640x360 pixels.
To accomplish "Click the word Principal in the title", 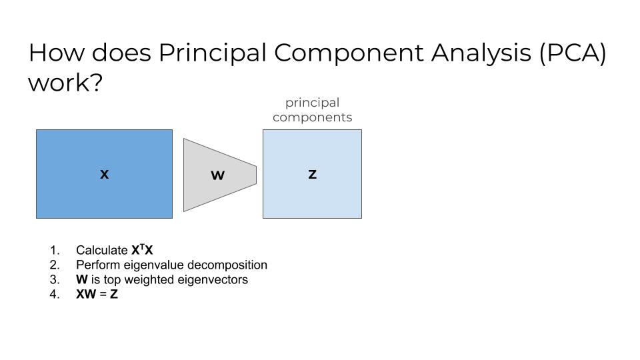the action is tap(212, 54).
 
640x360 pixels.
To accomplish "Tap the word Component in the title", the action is tap(349, 54).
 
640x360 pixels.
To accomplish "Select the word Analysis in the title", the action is tap(481, 54).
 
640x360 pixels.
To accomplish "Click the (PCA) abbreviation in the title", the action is tap(573, 53).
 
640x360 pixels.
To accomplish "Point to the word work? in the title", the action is tap(65, 83).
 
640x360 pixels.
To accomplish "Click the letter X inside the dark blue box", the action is tap(105, 174).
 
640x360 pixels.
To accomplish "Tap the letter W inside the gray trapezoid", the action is tap(217, 175).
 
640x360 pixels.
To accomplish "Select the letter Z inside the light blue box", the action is tap(312, 174).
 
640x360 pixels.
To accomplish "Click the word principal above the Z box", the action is tap(312, 103).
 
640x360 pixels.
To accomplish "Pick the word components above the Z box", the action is tap(312, 117).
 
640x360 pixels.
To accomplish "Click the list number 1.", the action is tap(55, 250).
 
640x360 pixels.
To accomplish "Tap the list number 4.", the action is tap(55, 294).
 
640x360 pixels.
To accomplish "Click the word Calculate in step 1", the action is tap(101, 250).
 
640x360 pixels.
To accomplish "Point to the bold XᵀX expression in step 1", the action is tap(142, 250).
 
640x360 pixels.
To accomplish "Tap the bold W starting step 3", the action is tap(81, 279).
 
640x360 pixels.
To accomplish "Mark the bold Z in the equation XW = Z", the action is tap(114, 294).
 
